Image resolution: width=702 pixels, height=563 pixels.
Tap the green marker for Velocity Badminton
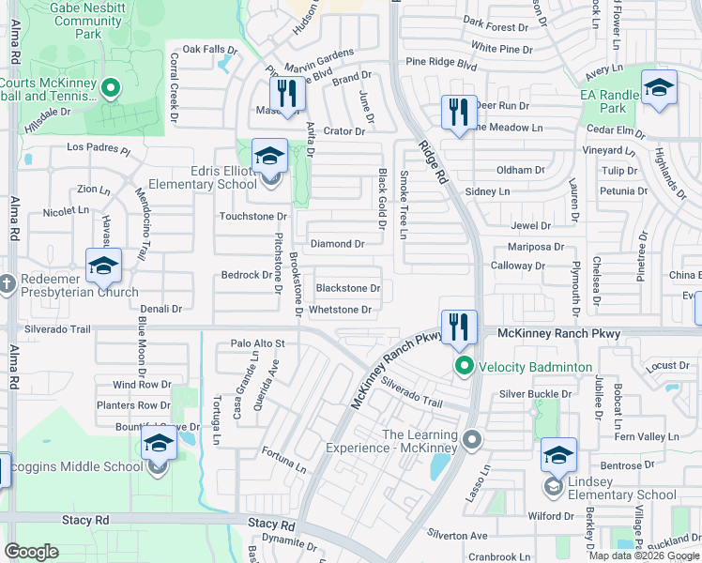point(463,366)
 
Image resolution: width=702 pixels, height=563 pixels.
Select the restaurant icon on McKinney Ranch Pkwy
point(459,327)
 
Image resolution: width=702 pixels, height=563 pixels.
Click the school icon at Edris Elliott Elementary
point(269,157)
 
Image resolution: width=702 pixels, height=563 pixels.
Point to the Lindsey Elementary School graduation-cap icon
point(558,456)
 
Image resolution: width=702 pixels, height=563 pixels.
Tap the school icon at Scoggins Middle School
point(159,443)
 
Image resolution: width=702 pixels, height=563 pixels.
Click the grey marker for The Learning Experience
point(471,439)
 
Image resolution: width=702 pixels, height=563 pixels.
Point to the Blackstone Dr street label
point(347,289)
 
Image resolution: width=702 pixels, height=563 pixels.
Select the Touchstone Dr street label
point(252,217)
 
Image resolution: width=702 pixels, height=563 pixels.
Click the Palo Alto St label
point(257,344)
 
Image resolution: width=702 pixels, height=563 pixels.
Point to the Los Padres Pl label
point(99,148)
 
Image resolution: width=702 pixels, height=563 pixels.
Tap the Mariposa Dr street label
point(535,247)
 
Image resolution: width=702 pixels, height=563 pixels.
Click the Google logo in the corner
point(31,552)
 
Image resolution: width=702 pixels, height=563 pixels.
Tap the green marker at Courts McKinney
point(111,89)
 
